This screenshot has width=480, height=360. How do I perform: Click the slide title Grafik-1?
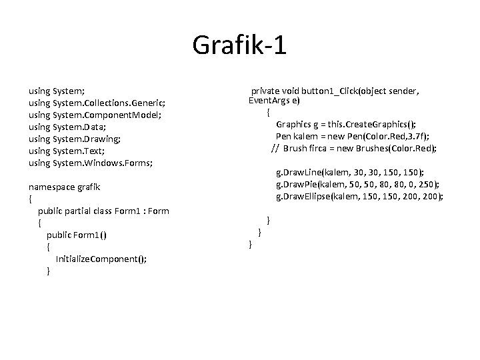coord(239,45)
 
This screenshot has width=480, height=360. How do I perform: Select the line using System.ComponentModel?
coord(95,115)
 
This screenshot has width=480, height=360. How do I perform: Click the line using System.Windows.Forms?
coord(91,163)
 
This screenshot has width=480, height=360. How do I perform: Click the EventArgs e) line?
coord(274,101)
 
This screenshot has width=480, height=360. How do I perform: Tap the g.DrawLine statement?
coord(350,172)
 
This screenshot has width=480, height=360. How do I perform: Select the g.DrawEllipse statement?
coord(360,196)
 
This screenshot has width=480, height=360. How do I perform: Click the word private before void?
coord(265,90)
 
